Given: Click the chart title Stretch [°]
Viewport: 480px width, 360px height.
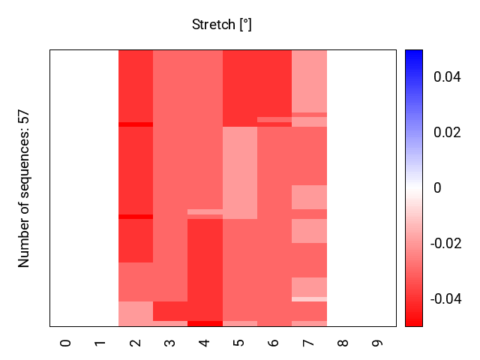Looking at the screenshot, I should point(222,25).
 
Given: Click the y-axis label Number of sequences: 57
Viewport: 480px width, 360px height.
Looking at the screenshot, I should point(24,188).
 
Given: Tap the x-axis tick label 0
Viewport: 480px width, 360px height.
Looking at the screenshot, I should point(66,343).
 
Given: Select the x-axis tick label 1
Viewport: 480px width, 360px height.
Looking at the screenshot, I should point(100,343).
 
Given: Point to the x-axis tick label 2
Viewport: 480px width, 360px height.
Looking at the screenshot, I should point(135,343).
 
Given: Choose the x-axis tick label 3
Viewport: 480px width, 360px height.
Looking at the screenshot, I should point(169,343).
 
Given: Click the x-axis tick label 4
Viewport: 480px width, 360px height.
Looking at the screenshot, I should point(204,343).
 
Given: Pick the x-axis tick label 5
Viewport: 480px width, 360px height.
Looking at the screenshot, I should point(239,343).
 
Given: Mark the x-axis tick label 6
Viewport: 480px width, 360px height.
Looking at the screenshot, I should point(274,343).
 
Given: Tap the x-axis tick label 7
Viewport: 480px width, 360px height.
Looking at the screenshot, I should point(308,343).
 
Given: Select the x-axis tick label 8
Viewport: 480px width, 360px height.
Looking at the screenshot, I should point(343,343).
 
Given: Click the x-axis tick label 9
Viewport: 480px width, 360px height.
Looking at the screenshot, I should point(377,343).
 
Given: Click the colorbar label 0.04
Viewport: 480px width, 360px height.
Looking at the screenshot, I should point(448,77).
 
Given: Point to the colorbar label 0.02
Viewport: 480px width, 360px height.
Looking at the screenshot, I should point(448,133).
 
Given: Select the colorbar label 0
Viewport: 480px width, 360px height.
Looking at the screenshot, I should point(437,188).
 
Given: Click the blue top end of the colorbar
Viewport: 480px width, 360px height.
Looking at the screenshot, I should point(414,54).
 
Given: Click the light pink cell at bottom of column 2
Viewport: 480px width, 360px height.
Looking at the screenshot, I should point(135,313).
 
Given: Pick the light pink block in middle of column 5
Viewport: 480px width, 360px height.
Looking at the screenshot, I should point(239,172).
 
